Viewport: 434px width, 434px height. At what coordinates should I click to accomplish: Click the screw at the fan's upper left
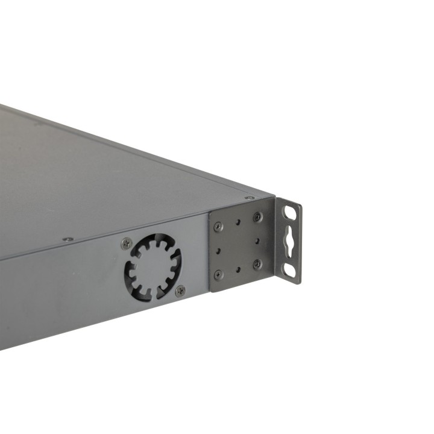(127, 244)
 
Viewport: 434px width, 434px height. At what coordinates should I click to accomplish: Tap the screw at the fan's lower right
(180, 291)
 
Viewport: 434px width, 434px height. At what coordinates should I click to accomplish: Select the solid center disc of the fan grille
(153, 267)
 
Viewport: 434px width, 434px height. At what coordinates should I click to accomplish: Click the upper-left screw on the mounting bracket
(218, 227)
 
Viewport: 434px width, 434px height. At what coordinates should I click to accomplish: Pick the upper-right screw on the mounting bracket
(257, 217)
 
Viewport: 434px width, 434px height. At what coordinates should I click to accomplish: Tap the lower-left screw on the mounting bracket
(218, 274)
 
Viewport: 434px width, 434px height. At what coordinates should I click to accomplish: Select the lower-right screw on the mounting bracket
(257, 264)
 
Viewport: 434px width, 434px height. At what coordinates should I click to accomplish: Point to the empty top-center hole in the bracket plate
(238, 222)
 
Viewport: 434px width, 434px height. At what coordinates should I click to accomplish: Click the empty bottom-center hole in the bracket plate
(238, 269)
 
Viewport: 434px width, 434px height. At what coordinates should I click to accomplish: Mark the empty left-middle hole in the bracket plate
(218, 250)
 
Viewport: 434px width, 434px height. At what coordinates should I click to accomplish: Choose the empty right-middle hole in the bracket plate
(257, 241)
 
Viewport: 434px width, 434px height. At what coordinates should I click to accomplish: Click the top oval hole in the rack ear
(291, 212)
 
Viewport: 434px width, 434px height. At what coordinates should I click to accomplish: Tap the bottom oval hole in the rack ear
(291, 271)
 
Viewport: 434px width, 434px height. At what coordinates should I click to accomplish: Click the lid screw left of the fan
(68, 239)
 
